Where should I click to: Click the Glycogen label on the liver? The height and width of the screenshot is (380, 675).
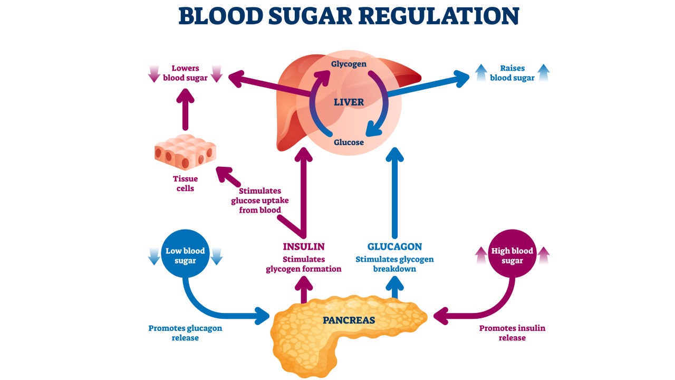point(349,64)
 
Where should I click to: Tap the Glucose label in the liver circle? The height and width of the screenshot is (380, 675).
point(349,142)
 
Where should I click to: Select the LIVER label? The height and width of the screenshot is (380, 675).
point(349,102)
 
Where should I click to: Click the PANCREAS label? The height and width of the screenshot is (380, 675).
point(349,320)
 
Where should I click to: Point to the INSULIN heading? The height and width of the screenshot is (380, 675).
point(303,246)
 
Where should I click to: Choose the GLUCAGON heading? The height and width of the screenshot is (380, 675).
point(394,246)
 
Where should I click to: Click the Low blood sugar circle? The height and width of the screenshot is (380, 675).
point(185,256)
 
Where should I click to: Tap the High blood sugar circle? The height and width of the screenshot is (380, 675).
point(512,256)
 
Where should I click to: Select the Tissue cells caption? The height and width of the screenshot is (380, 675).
point(185,184)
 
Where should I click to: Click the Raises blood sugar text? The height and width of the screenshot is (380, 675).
point(512,73)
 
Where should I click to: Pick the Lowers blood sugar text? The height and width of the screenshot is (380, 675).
point(185,73)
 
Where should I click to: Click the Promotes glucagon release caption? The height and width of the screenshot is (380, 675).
point(185,332)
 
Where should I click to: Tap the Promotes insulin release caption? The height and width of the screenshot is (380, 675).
point(512,332)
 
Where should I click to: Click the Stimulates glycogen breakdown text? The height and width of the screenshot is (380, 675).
point(394,264)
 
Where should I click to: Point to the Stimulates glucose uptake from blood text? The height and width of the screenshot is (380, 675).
point(259,200)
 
